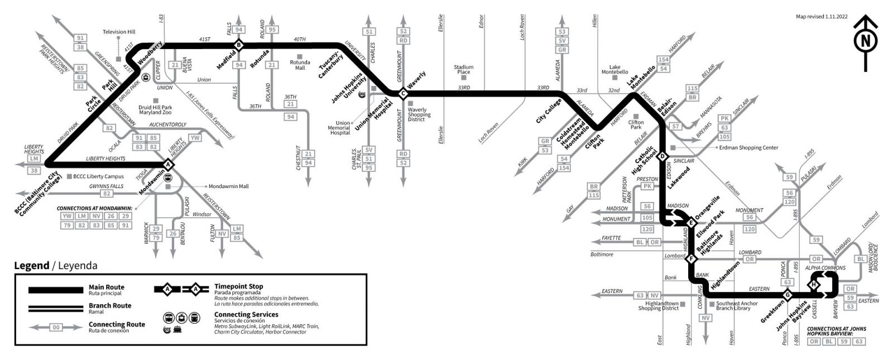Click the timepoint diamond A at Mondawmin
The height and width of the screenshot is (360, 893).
[x=167, y=164]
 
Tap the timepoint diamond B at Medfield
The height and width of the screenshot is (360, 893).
[x=238, y=45]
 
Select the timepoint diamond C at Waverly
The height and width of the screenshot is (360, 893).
[x=402, y=94]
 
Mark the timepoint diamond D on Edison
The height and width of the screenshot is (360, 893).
[x=663, y=156]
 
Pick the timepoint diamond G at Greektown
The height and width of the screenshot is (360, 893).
[x=788, y=295]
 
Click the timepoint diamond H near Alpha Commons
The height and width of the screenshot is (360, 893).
[x=815, y=285]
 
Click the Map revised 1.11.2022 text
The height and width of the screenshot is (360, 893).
[x=822, y=17]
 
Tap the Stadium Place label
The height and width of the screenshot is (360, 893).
[x=464, y=69]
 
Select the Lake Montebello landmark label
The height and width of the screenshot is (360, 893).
[x=614, y=69]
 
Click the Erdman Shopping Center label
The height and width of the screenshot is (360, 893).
[x=748, y=148]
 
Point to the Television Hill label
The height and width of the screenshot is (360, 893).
[x=119, y=32]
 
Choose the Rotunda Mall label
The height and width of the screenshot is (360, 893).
[x=300, y=65]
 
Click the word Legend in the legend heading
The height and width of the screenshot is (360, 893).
[x=31, y=266]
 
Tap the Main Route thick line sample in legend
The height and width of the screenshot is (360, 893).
[x=56, y=290]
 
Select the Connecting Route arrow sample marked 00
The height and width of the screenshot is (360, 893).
[x=56, y=328]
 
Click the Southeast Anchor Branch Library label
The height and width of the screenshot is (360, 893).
[x=737, y=306]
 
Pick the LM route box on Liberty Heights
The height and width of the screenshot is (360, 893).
[x=35, y=159]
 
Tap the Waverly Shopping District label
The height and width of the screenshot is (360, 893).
[x=419, y=114]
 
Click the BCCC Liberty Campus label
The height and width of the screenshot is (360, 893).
[x=98, y=176]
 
